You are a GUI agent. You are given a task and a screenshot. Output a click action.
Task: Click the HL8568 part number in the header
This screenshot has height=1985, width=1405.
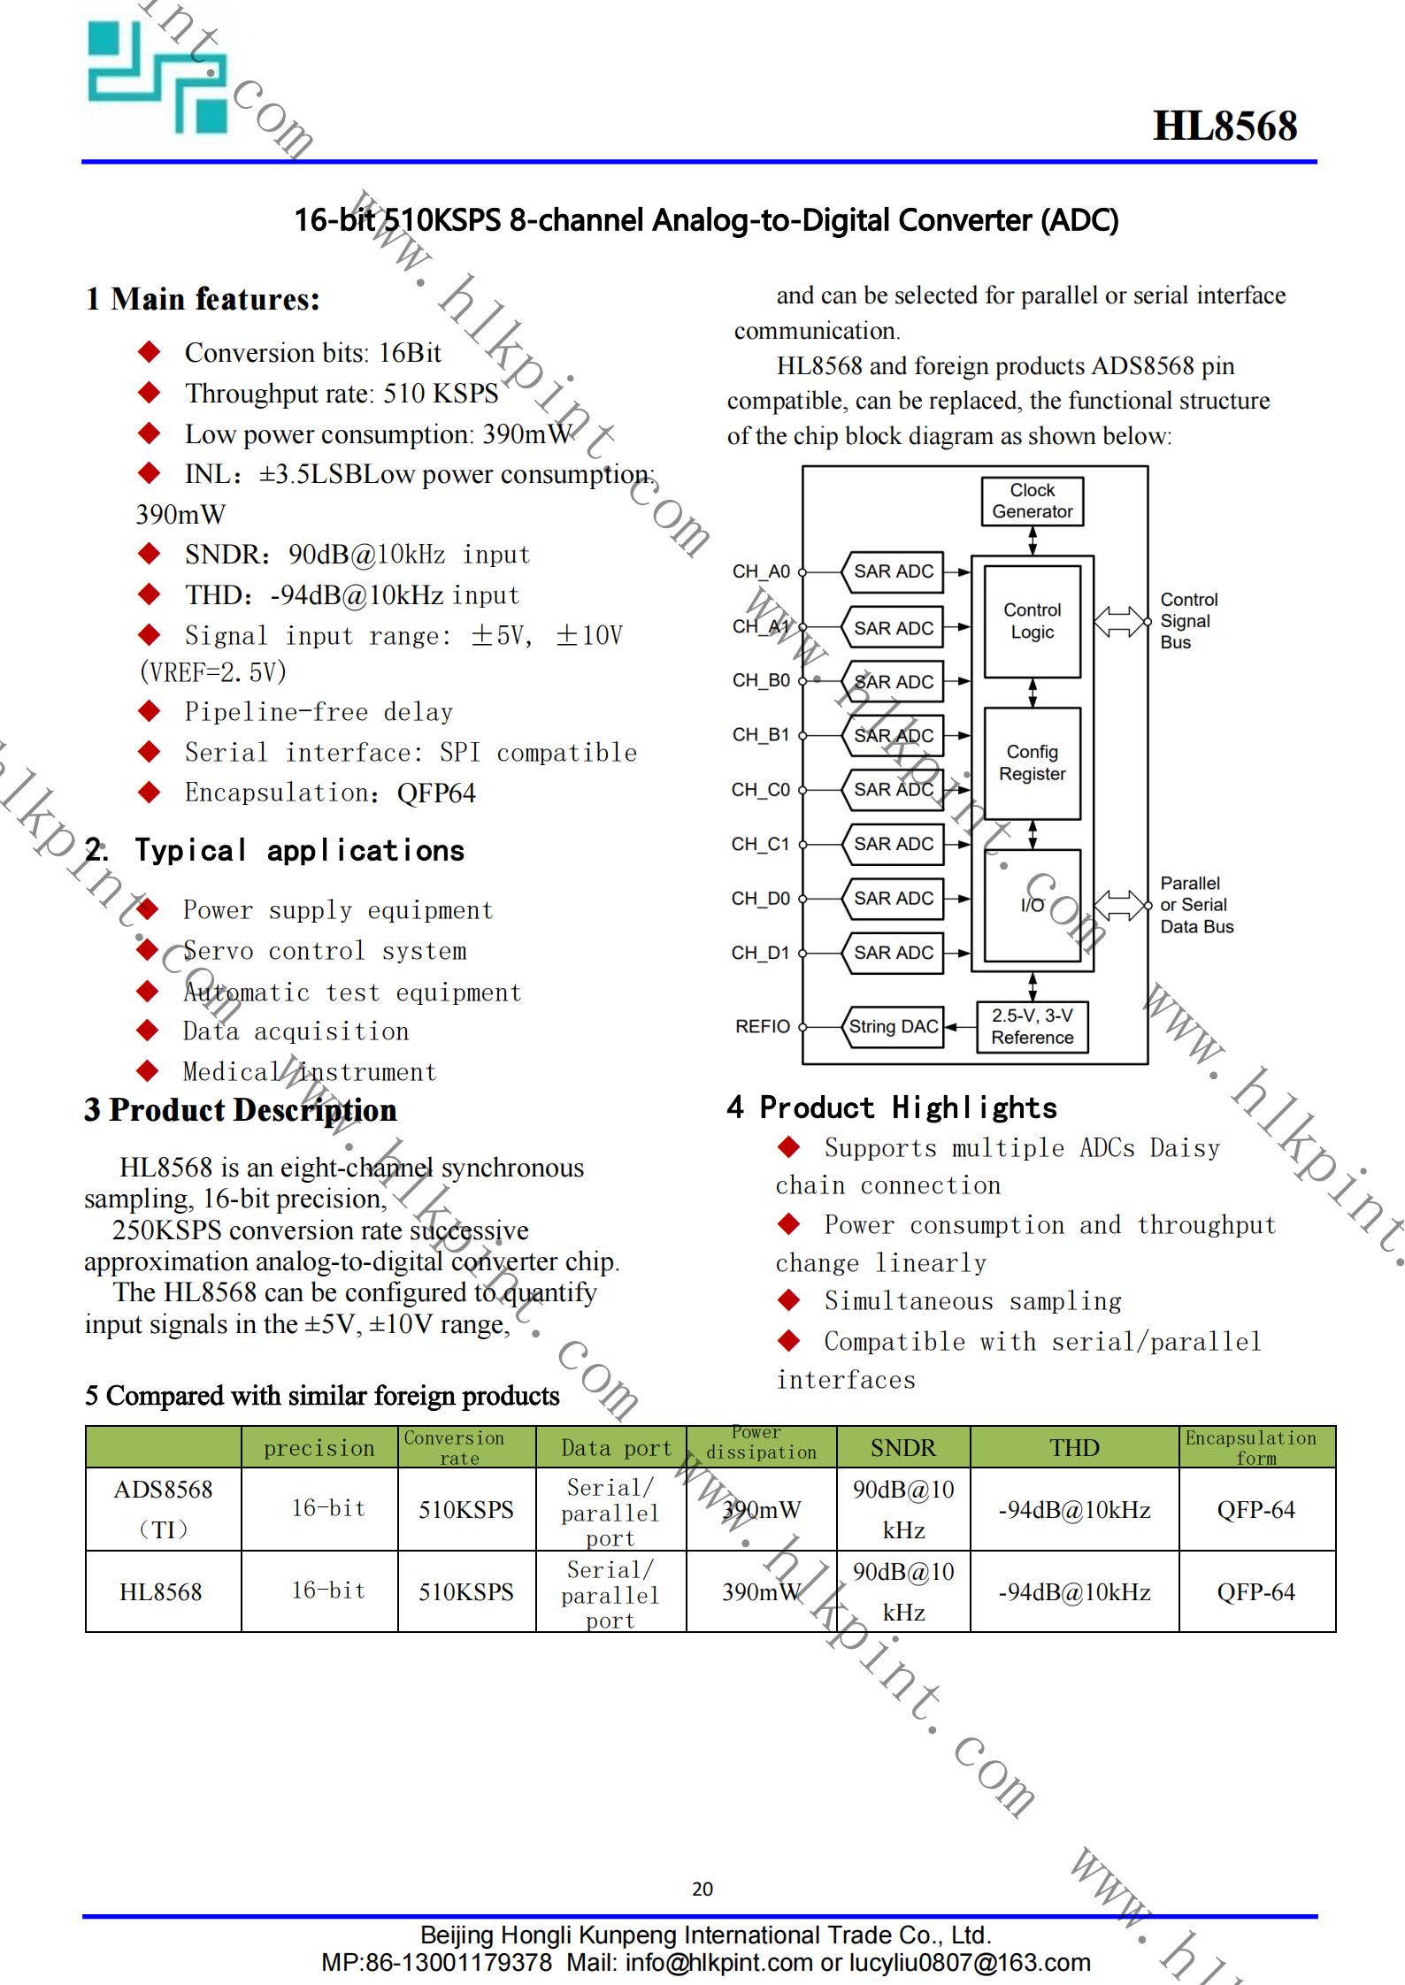(x=1225, y=126)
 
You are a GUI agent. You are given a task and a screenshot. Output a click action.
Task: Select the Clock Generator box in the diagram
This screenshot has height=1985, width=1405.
(x=1032, y=501)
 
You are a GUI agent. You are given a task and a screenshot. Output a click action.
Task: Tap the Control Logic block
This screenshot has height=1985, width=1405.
(x=1032, y=621)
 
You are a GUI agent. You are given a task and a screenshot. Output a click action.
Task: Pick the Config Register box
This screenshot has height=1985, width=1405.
(x=1032, y=763)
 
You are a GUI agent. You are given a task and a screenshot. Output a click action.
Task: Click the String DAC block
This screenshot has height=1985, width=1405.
(x=893, y=1026)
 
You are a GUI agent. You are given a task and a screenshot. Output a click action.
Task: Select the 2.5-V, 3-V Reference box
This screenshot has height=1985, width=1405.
(x=1032, y=1026)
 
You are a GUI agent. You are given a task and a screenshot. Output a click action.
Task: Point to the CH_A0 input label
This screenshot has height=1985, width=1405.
(x=761, y=571)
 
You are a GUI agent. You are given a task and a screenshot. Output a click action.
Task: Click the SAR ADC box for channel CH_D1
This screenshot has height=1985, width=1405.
(x=893, y=953)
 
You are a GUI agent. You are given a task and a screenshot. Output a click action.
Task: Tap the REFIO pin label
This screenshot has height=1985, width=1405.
(x=762, y=1026)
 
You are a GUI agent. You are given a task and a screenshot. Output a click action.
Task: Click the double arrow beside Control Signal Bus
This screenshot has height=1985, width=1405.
(x=1121, y=621)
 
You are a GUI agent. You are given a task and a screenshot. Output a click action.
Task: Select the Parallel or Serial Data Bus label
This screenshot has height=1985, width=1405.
(x=1196, y=905)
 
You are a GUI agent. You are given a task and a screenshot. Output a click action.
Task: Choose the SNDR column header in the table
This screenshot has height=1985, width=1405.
(x=902, y=1447)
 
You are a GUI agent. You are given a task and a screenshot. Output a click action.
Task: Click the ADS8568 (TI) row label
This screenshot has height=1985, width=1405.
(x=163, y=1508)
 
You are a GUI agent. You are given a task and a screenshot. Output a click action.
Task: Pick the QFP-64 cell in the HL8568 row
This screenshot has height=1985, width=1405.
(x=1255, y=1591)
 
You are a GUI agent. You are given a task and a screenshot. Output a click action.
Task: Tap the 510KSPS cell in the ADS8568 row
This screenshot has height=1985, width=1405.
(x=465, y=1509)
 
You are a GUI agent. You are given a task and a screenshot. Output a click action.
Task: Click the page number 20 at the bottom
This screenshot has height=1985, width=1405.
(x=702, y=1889)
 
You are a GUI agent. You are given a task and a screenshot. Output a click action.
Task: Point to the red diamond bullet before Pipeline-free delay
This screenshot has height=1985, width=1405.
(x=149, y=710)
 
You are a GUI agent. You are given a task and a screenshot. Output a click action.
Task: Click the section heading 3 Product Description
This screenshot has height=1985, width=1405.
(x=241, y=1110)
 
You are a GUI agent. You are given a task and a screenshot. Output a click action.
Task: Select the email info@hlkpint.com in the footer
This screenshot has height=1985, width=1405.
(x=718, y=1963)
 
